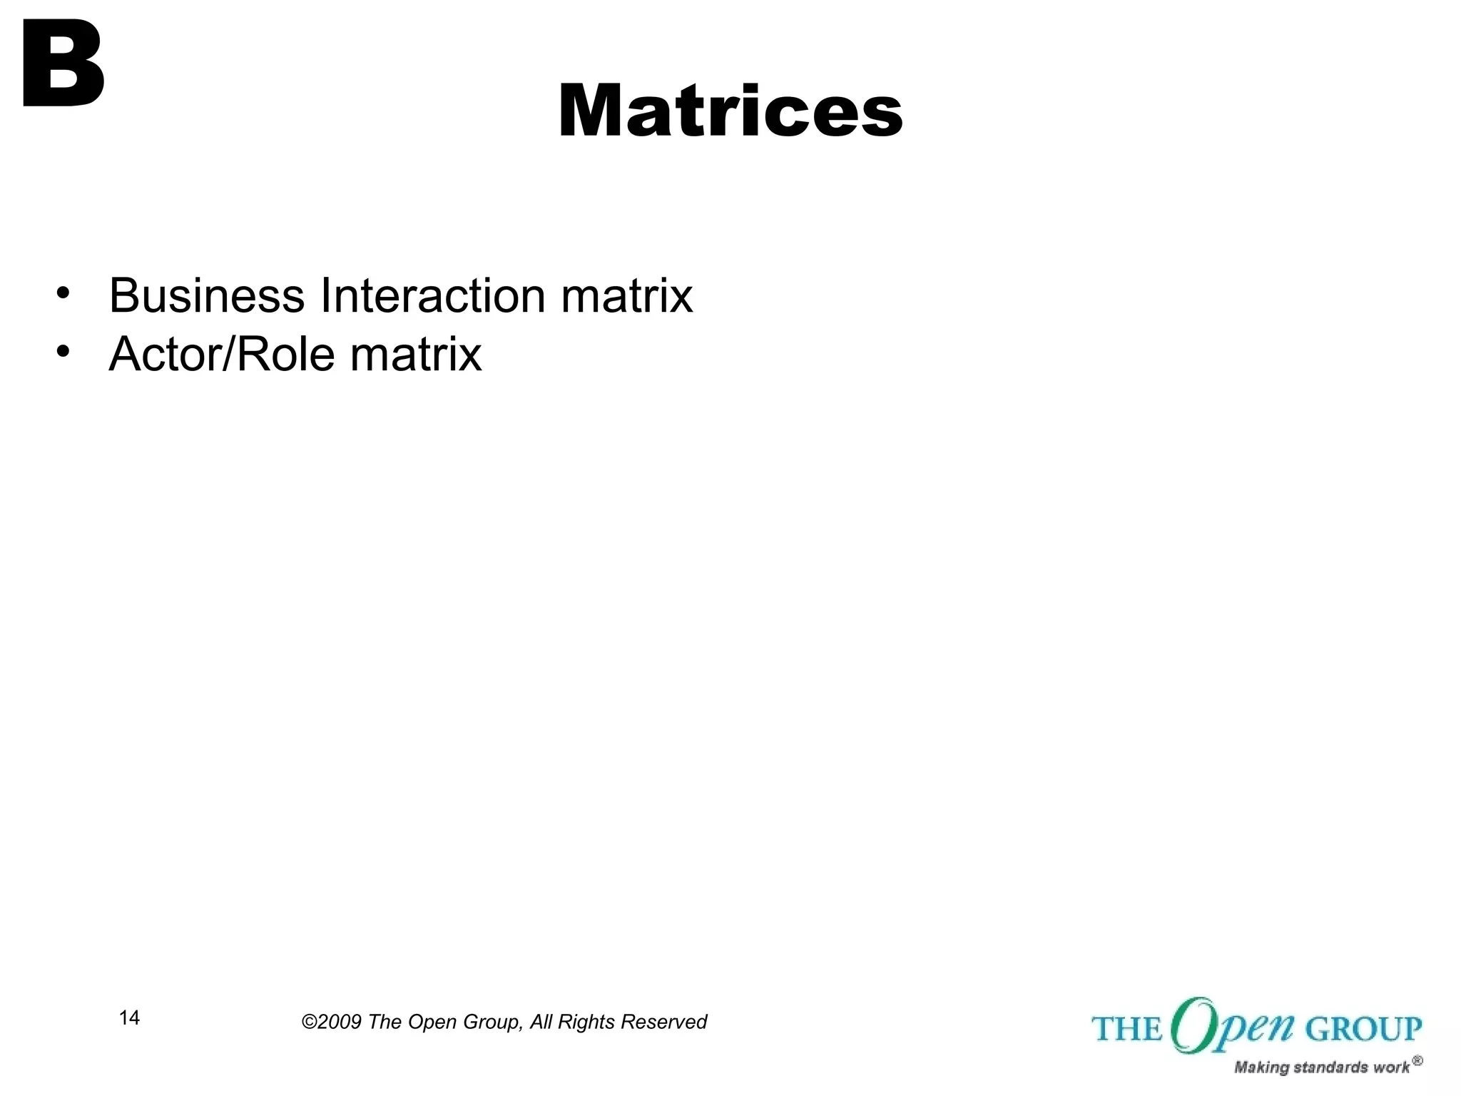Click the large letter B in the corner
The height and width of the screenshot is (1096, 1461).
(63, 64)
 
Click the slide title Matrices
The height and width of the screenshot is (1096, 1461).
(730, 112)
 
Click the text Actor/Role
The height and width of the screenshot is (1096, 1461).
(221, 354)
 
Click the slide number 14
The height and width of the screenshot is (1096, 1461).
(129, 1018)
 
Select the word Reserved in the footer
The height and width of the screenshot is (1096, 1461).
(663, 1023)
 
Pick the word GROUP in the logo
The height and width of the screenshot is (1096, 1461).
(1363, 1030)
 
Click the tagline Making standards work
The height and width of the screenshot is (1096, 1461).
(1321, 1067)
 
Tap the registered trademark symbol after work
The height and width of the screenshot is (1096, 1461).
(1417, 1061)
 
